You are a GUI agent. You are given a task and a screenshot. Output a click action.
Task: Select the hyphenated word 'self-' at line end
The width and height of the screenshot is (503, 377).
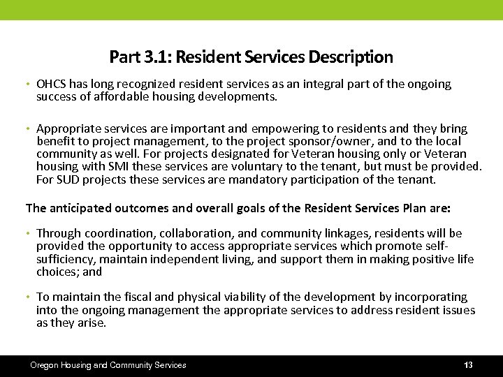pyautogui.click(x=436, y=246)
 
